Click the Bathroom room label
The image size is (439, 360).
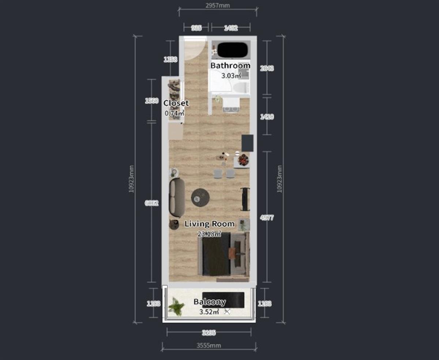[230, 66]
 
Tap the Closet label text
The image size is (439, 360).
[176, 103]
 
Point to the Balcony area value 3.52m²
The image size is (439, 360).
[209, 312]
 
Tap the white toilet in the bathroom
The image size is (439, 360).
[241, 88]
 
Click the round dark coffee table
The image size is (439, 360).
[200, 198]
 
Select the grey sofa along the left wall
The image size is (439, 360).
[177, 198]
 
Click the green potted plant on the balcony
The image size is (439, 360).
[176, 307]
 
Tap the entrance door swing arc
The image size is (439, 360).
[194, 49]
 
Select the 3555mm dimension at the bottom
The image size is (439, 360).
[209, 345]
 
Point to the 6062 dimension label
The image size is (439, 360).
[151, 203]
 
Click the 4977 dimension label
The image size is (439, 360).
[267, 218]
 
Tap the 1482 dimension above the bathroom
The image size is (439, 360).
[231, 27]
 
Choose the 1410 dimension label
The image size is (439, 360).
[267, 117]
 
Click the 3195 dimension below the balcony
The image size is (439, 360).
[209, 333]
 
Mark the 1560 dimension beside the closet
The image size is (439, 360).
[151, 101]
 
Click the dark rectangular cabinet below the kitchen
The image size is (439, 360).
[247, 143]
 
